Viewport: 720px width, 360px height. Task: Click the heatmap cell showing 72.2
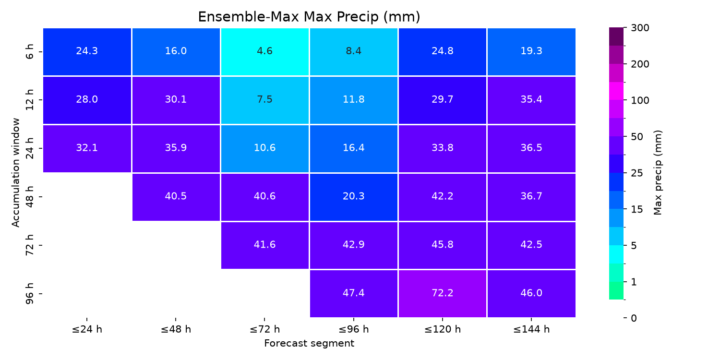[x=443, y=294]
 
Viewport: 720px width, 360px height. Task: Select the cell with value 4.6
[x=265, y=52]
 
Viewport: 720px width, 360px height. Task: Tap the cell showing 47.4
[x=354, y=294]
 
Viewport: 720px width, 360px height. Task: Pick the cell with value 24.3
[x=87, y=52]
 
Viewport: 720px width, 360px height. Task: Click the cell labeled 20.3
[x=354, y=197]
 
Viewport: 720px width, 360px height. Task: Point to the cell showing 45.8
[x=443, y=245]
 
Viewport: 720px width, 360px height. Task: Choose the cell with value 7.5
[x=265, y=100]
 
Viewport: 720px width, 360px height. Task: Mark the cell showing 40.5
[x=176, y=197]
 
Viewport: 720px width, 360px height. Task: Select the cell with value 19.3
[x=531, y=52]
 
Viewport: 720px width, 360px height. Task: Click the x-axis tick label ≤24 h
[x=87, y=329]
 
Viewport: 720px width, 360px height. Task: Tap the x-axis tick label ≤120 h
[x=443, y=329]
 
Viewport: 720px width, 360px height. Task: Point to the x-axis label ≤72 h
[x=265, y=329]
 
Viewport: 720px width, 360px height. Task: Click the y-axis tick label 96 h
[x=29, y=294]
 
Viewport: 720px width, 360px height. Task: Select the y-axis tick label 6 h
[x=29, y=52]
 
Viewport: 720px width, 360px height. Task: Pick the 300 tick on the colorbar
[x=640, y=28]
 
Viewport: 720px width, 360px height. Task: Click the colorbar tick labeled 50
[x=637, y=137]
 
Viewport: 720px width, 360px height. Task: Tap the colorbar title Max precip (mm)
[x=658, y=173]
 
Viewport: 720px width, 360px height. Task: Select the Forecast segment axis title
[x=309, y=344]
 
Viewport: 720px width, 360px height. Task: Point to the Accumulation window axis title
[x=16, y=173]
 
